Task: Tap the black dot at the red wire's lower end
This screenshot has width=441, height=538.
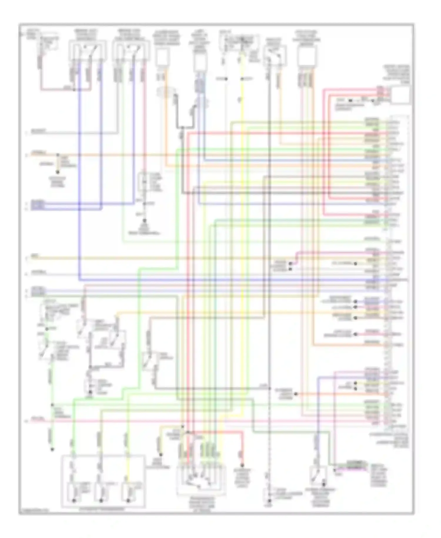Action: coord(243,465)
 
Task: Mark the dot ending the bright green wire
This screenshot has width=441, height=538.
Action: coord(52,449)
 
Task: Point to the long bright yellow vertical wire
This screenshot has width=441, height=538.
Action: coord(242,235)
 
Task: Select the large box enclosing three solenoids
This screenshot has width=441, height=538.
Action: coord(103,481)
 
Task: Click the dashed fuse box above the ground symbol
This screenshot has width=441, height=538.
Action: coord(144,182)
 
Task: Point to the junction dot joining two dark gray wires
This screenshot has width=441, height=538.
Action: coord(182,127)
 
